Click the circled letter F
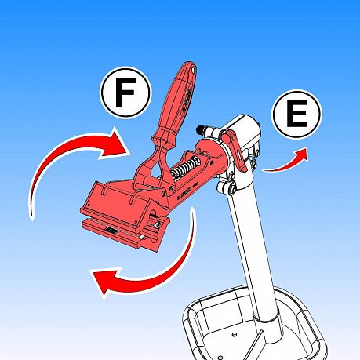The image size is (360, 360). click(125, 93)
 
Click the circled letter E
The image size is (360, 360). click(297, 115)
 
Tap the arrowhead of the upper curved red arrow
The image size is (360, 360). click(116, 145)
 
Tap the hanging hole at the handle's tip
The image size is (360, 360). click(193, 70)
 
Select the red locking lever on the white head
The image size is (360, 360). click(235, 150)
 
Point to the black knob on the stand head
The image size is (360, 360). click(201, 129)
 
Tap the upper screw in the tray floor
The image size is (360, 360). click(235, 334)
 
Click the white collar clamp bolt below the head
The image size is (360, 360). click(225, 186)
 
